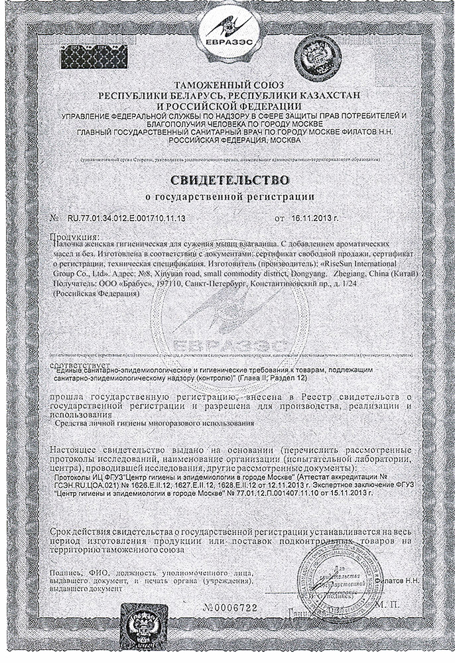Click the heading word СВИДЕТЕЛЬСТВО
tap(228, 180)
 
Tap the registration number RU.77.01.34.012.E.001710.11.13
tap(125, 217)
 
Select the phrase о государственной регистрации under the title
tap(227, 197)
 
